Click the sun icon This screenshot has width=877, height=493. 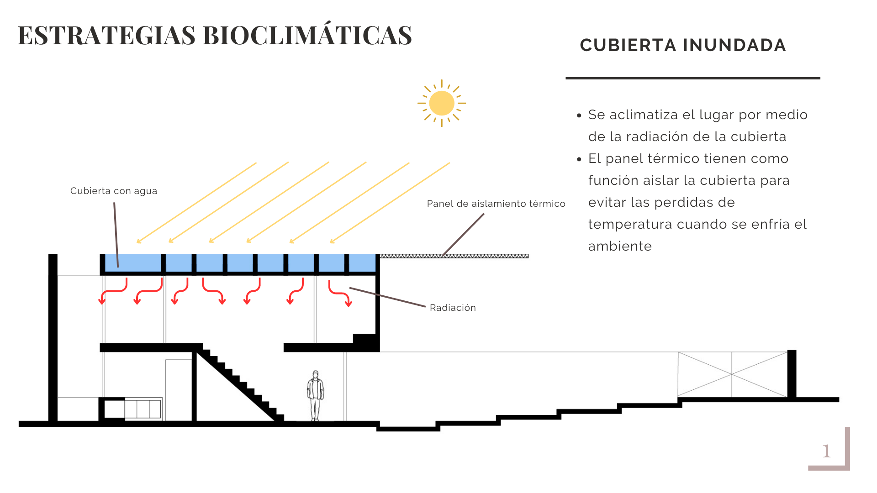(441, 103)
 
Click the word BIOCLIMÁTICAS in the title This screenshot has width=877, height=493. (307, 36)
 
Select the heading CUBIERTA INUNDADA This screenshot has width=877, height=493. (683, 45)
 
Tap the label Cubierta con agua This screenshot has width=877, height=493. (114, 191)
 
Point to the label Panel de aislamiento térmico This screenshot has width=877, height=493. (496, 204)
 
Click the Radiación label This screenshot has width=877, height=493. (453, 308)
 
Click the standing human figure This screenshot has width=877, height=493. (315, 395)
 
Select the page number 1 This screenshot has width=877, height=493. (826, 451)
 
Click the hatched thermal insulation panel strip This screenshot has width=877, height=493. (454, 256)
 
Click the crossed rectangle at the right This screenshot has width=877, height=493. (732, 374)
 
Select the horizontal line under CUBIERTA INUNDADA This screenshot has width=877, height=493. (692, 78)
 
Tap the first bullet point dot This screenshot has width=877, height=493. (579, 115)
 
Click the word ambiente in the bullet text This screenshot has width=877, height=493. (620, 246)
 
